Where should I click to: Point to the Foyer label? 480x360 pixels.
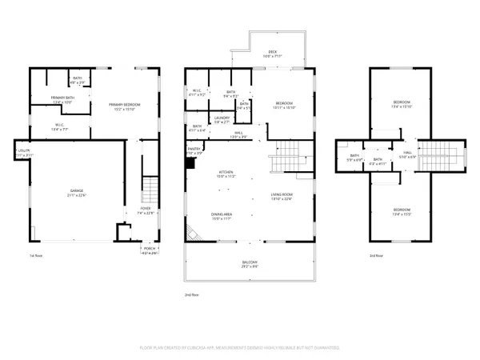click(x=145, y=212)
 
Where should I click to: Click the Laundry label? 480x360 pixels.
click(x=222, y=119)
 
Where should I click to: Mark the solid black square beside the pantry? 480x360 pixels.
click(x=190, y=163)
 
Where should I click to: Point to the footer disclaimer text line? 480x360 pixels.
click(x=239, y=348)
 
